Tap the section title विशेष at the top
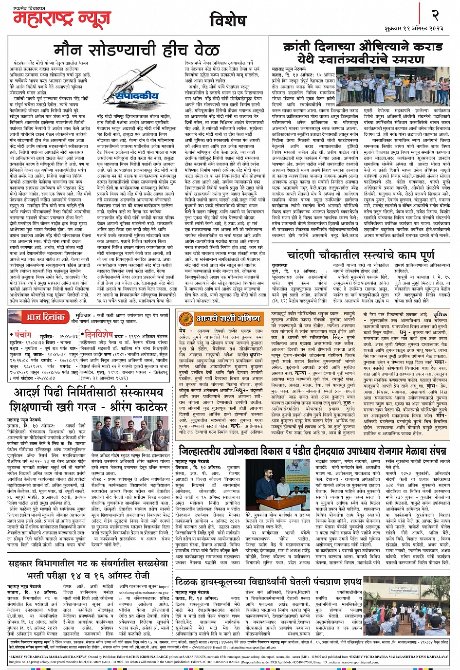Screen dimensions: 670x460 point(228,20)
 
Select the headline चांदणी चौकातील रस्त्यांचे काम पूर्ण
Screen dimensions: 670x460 point(361,255)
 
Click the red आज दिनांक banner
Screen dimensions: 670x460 point(45,317)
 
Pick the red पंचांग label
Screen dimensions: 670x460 point(23,335)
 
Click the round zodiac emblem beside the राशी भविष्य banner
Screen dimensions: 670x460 point(185,319)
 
